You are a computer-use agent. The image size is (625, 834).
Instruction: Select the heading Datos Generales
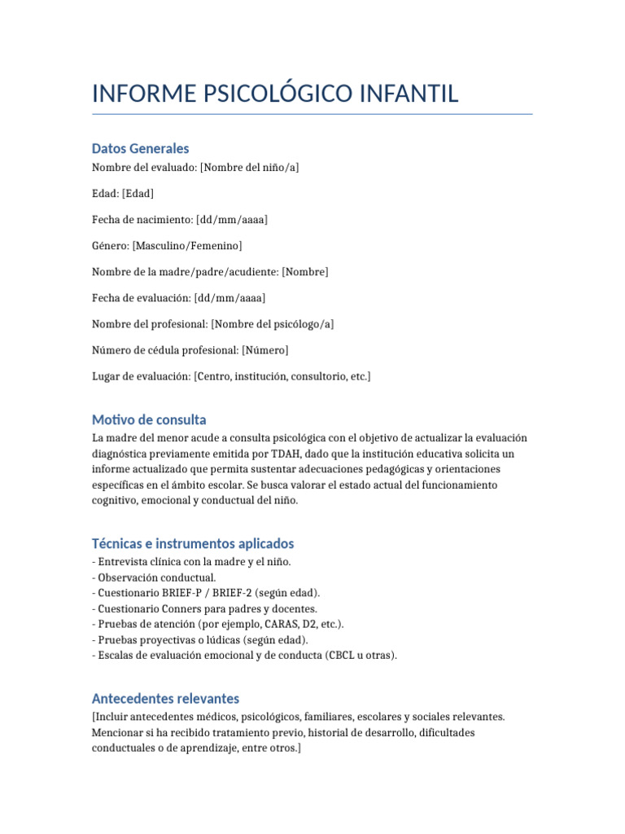pyautogui.click(x=140, y=148)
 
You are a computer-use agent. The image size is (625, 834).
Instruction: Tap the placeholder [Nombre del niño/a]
pyautogui.click(x=250, y=168)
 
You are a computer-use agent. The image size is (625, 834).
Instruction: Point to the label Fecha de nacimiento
pyautogui.click(x=142, y=220)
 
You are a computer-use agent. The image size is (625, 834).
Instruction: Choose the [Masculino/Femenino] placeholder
pyautogui.click(x=187, y=245)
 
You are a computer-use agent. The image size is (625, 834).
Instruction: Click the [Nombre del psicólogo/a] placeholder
pyautogui.click(x=273, y=323)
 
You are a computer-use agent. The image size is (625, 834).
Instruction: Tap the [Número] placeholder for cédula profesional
pyautogui.click(x=264, y=349)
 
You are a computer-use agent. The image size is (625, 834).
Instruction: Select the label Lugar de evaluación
pyautogui.click(x=141, y=375)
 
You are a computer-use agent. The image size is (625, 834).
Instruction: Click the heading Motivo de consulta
pyautogui.click(x=149, y=419)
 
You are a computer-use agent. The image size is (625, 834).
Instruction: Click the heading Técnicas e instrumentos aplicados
pyautogui.click(x=193, y=543)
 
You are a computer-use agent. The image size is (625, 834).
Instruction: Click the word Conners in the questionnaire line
pyautogui.click(x=181, y=608)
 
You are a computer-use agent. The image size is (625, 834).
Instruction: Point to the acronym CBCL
pyautogui.click(x=342, y=655)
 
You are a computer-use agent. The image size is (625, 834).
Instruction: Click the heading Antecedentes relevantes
pyautogui.click(x=165, y=699)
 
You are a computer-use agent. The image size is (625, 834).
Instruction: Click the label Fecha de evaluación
pyautogui.click(x=141, y=297)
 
